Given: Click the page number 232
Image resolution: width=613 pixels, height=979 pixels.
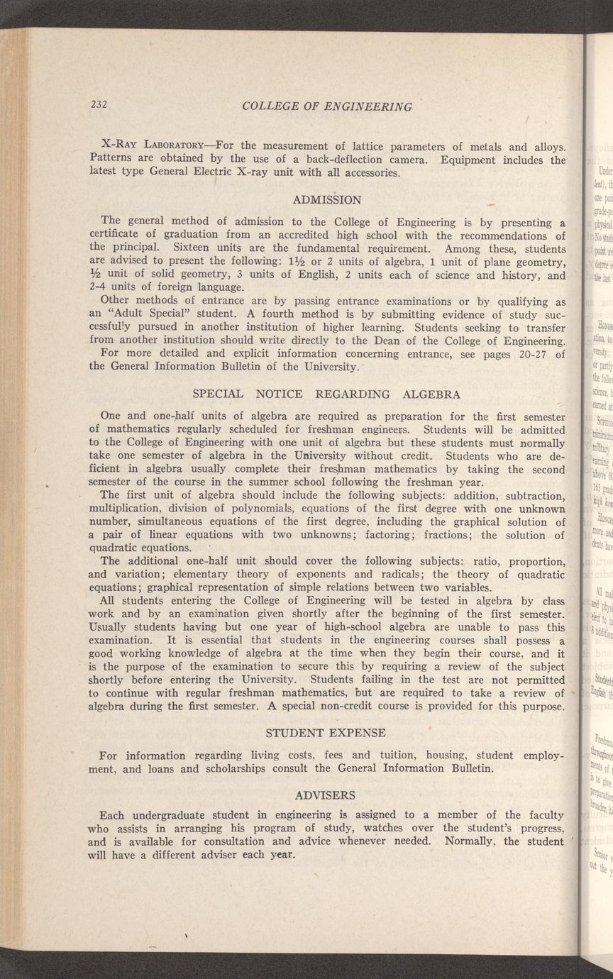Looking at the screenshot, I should point(99,105).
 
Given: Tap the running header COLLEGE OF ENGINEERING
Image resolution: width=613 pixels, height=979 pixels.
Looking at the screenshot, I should point(326,107).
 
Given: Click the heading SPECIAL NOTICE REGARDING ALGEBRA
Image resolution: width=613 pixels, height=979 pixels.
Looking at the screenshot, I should point(326,394).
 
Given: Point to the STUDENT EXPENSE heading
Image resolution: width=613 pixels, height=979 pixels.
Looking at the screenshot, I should point(326,732).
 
